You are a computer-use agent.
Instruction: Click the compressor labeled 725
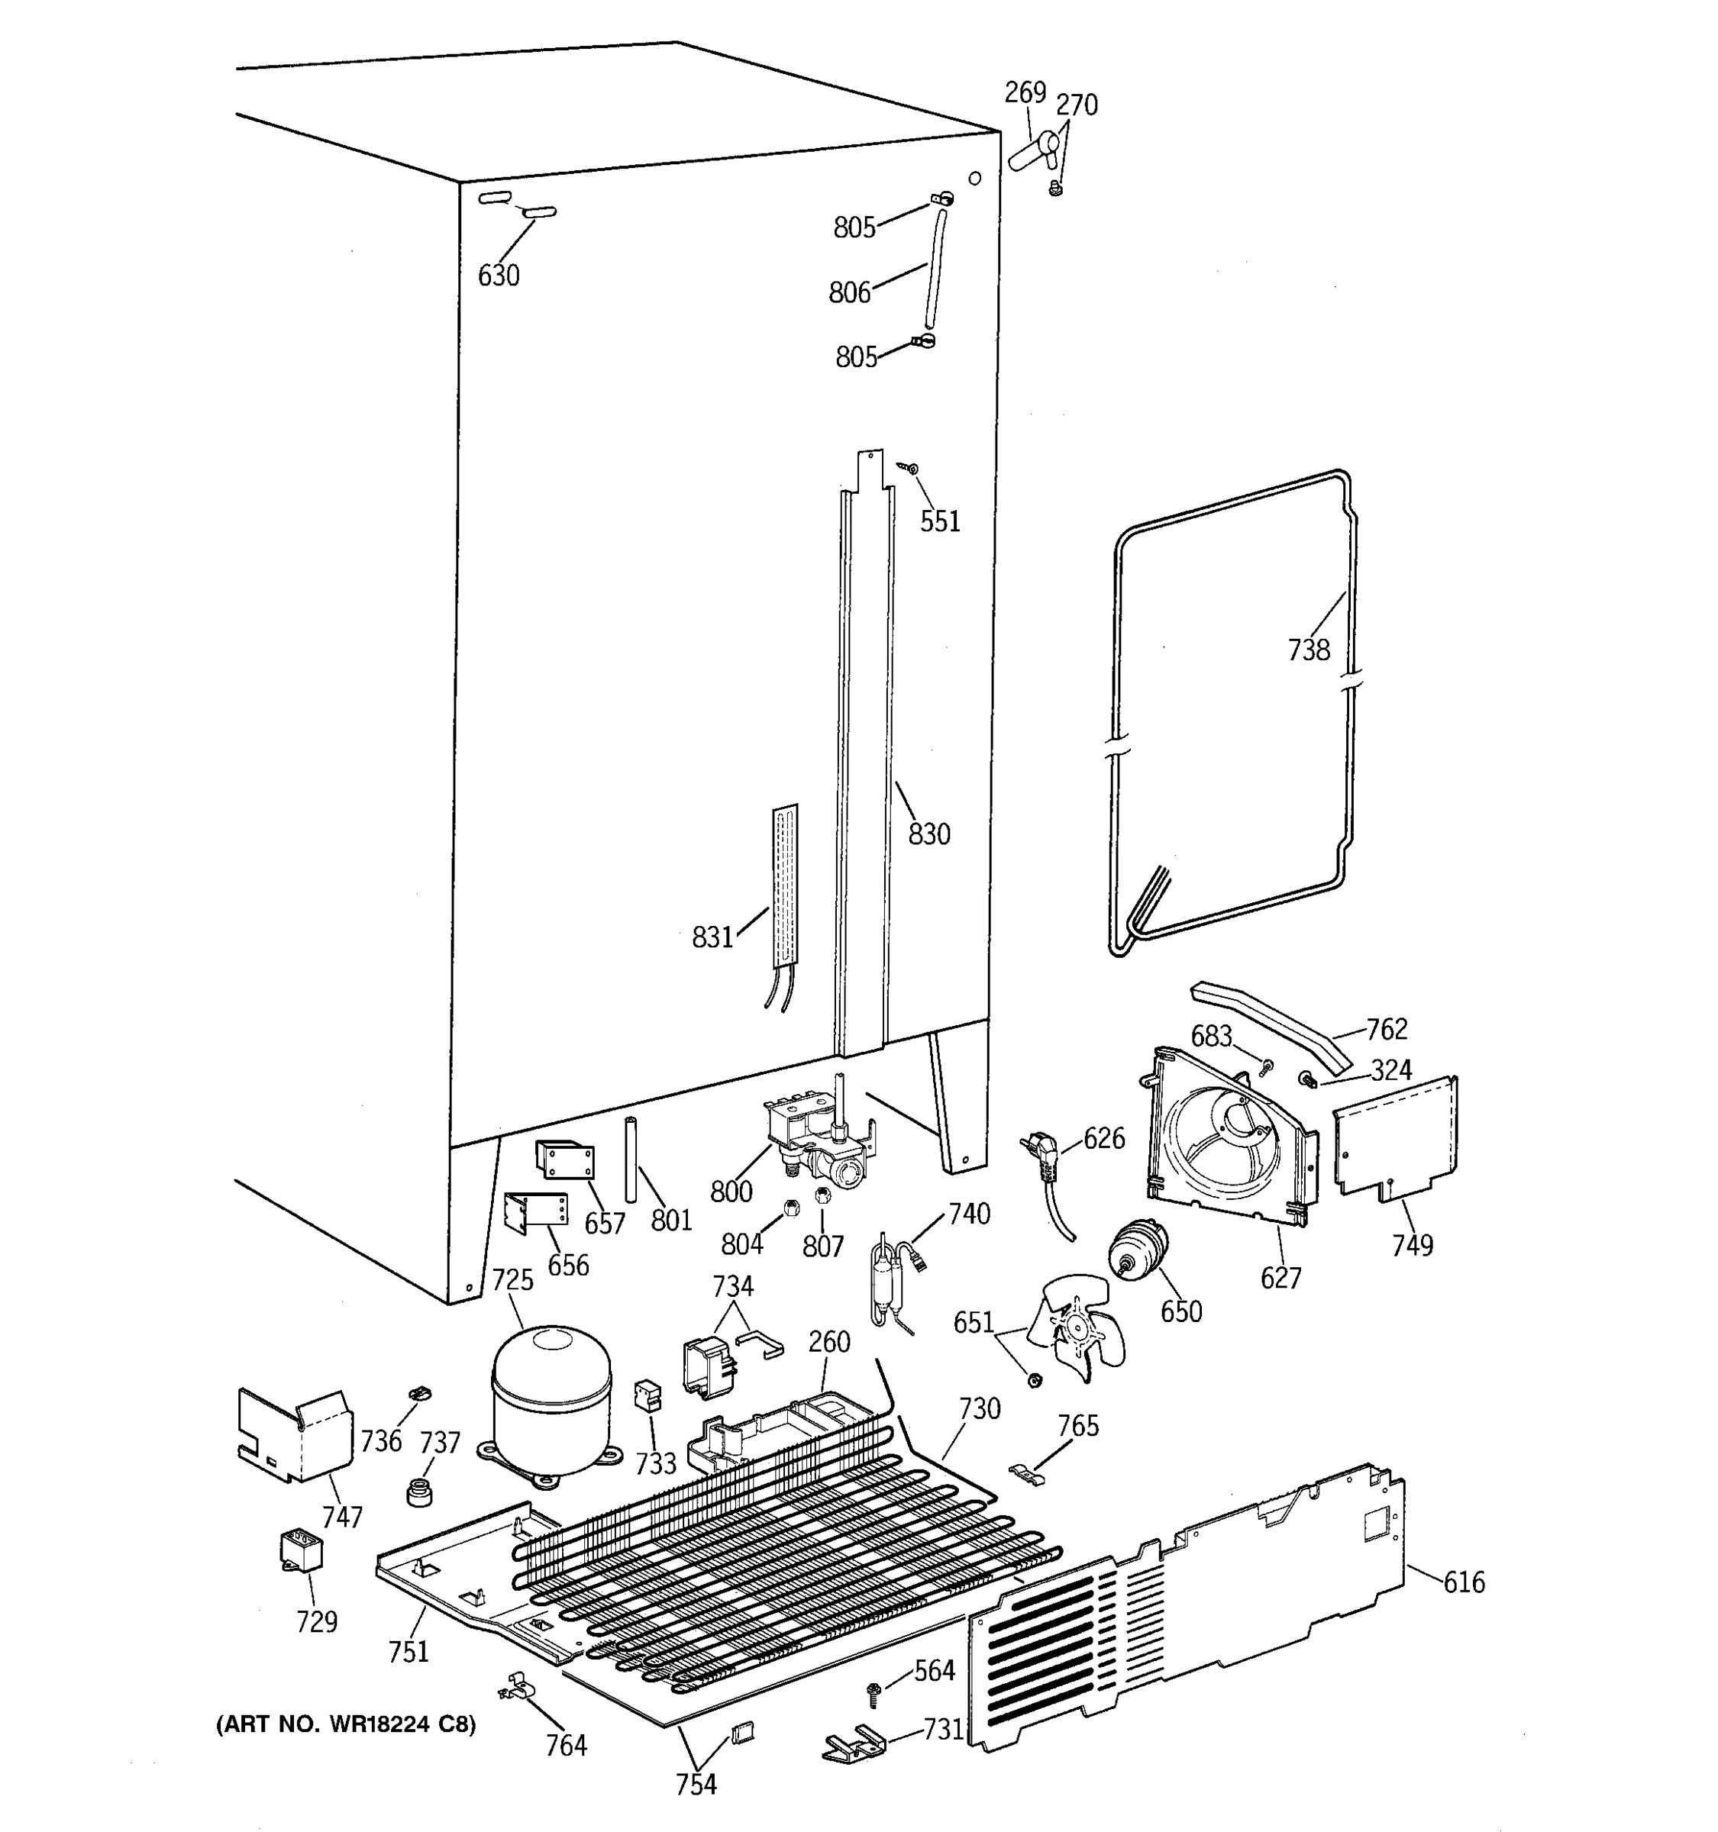tap(551, 1400)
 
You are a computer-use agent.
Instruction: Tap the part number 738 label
tap(1309, 650)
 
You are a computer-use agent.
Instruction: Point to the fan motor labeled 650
tap(1136, 1251)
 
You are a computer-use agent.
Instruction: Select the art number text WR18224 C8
tap(346, 1724)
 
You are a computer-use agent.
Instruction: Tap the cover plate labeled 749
tap(1394, 1138)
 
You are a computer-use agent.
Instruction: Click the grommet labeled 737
tap(419, 1490)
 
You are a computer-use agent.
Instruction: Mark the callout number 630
tap(499, 275)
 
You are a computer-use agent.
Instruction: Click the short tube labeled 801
tap(631, 1159)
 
